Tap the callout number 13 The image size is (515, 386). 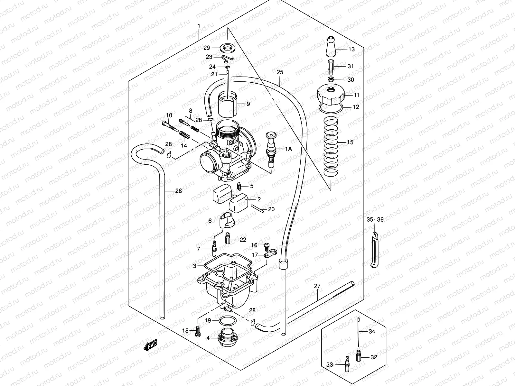pyautogui.click(x=351, y=49)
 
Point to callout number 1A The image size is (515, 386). pyautogui.click(x=288, y=149)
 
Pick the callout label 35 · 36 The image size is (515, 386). pyautogui.click(x=375, y=220)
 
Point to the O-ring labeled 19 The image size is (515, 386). pyautogui.click(x=227, y=321)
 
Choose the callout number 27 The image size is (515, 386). pyautogui.click(x=317, y=286)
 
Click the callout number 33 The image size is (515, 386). pyautogui.click(x=330, y=364)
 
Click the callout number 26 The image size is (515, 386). pyautogui.click(x=178, y=191)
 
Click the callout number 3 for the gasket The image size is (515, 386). pyautogui.click(x=194, y=266)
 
